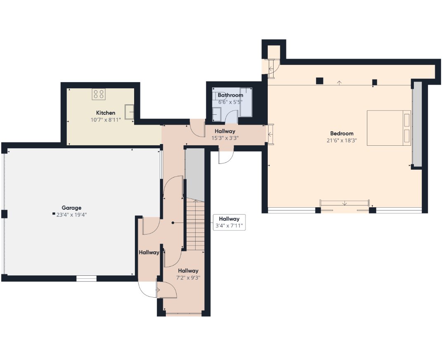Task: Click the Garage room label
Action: (x=71, y=208)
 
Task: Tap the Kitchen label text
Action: (x=106, y=113)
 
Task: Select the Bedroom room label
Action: (x=342, y=133)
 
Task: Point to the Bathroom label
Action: (x=230, y=95)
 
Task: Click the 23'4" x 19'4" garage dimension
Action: (x=71, y=215)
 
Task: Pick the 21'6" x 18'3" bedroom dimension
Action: (x=342, y=140)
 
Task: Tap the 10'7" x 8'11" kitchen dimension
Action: (x=106, y=120)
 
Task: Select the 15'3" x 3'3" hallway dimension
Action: (x=225, y=138)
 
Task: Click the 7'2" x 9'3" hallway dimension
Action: (x=188, y=277)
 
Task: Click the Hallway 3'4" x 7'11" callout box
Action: (x=229, y=223)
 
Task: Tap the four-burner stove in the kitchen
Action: (x=99, y=94)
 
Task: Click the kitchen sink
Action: (x=130, y=112)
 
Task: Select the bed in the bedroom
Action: (x=389, y=128)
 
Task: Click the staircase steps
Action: (x=195, y=224)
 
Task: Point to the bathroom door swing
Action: (x=233, y=117)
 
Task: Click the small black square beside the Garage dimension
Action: (x=54, y=214)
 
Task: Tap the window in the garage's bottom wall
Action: (x=87, y=278)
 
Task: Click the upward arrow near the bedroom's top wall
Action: (x=340, y=83)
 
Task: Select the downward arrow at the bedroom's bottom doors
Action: (x=345, y=203)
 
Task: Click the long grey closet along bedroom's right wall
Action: (x=417, y=124)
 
